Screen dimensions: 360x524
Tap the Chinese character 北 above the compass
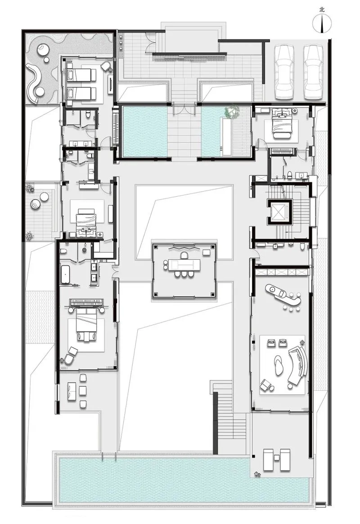click(322, 10)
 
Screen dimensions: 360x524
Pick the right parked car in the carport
click(313, 72)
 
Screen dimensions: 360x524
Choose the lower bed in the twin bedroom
click(81, 94)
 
